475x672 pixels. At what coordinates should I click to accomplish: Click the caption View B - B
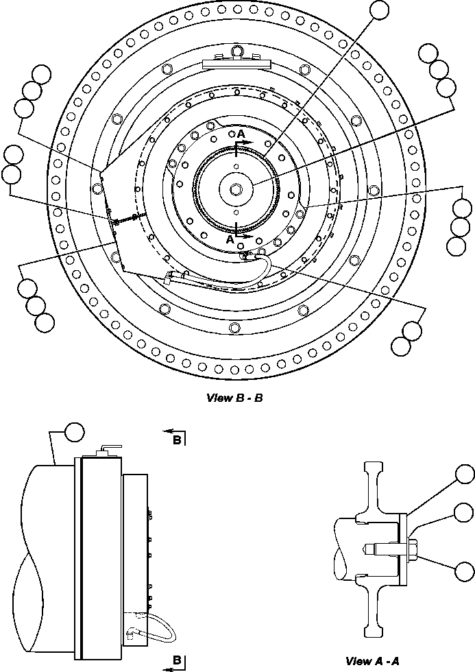[234, 398]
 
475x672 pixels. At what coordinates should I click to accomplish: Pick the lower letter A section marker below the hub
[230, 241]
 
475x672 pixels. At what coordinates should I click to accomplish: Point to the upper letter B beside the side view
[178, 440]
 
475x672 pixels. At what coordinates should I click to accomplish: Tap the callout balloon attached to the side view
[75, 432]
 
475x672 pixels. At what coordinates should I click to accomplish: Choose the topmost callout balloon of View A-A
[465, 475]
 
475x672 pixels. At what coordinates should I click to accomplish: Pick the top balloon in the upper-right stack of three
[428, 53]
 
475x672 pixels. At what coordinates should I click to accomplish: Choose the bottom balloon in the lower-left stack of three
[45, 322]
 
